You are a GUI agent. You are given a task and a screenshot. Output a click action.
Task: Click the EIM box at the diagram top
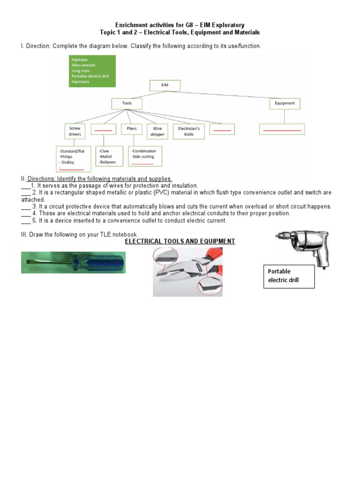165,85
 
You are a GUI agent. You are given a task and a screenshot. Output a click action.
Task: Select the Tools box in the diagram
127,103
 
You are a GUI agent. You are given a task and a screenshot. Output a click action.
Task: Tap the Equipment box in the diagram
285,103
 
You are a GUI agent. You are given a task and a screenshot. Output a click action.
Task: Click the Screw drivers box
75,131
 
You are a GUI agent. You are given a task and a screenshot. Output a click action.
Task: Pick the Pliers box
131,129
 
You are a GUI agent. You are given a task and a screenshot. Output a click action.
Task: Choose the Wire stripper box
157,131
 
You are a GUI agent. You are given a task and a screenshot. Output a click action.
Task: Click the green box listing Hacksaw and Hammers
86,71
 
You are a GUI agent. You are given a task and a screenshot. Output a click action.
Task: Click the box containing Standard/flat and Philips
72,159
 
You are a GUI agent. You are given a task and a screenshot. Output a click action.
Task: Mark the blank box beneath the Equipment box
282,129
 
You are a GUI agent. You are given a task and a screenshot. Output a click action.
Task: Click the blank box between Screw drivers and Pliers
103,129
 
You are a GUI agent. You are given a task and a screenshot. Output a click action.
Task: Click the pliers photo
187,272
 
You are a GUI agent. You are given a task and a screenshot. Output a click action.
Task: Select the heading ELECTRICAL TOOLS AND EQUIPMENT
180,241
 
